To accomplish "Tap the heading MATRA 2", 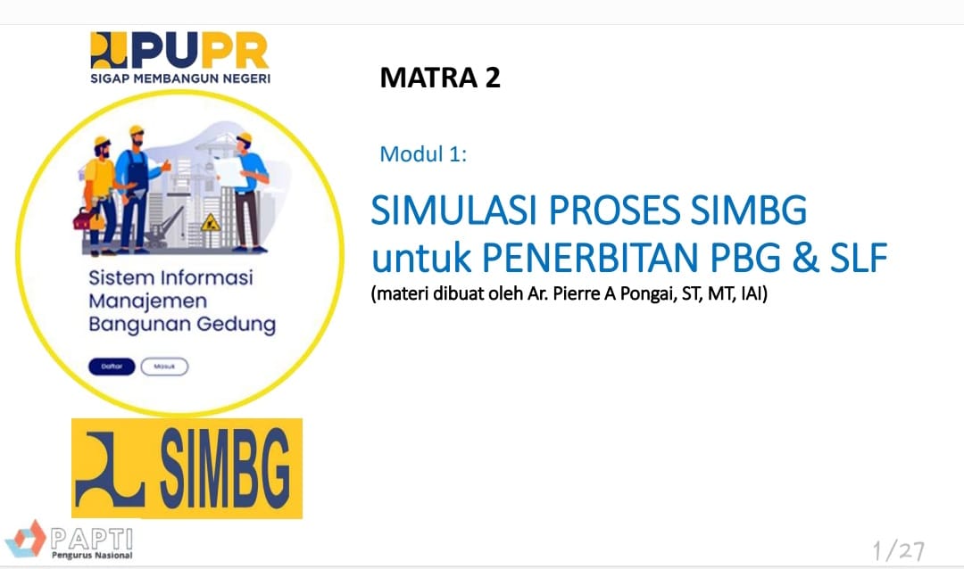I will click(440, 78).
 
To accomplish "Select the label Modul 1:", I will click(423, 153).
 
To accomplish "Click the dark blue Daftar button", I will click(111, 367).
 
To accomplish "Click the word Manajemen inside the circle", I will click(147, 301).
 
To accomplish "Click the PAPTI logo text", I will click(92, 538).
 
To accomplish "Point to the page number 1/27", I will click(898, 548).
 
